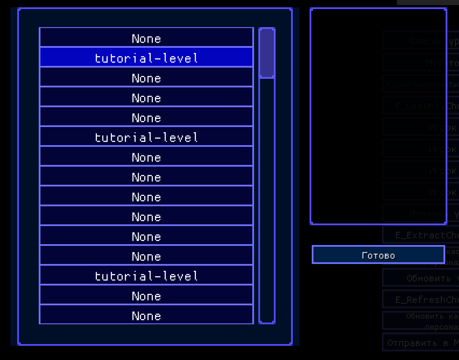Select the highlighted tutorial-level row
pyautogui.click(x=146, y=57)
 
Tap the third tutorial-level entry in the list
pyautogui.click(x=146, y=275)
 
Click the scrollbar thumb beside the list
pyautogui.click(x=267, y=53)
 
